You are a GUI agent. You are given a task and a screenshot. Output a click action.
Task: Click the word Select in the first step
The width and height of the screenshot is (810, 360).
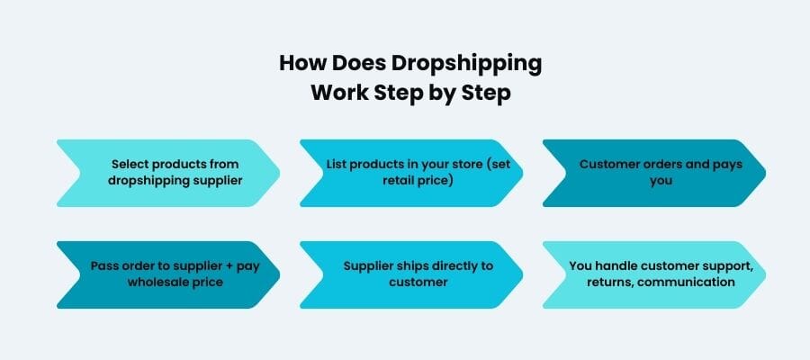(x=130, y=165)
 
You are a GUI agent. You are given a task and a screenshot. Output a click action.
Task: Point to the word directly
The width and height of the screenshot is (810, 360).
(x=464, y=265)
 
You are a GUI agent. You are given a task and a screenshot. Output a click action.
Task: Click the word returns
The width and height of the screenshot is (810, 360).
(x=598, y=282)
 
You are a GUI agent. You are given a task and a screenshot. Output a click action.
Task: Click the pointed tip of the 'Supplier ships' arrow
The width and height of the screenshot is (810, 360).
(x=522, y=274)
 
